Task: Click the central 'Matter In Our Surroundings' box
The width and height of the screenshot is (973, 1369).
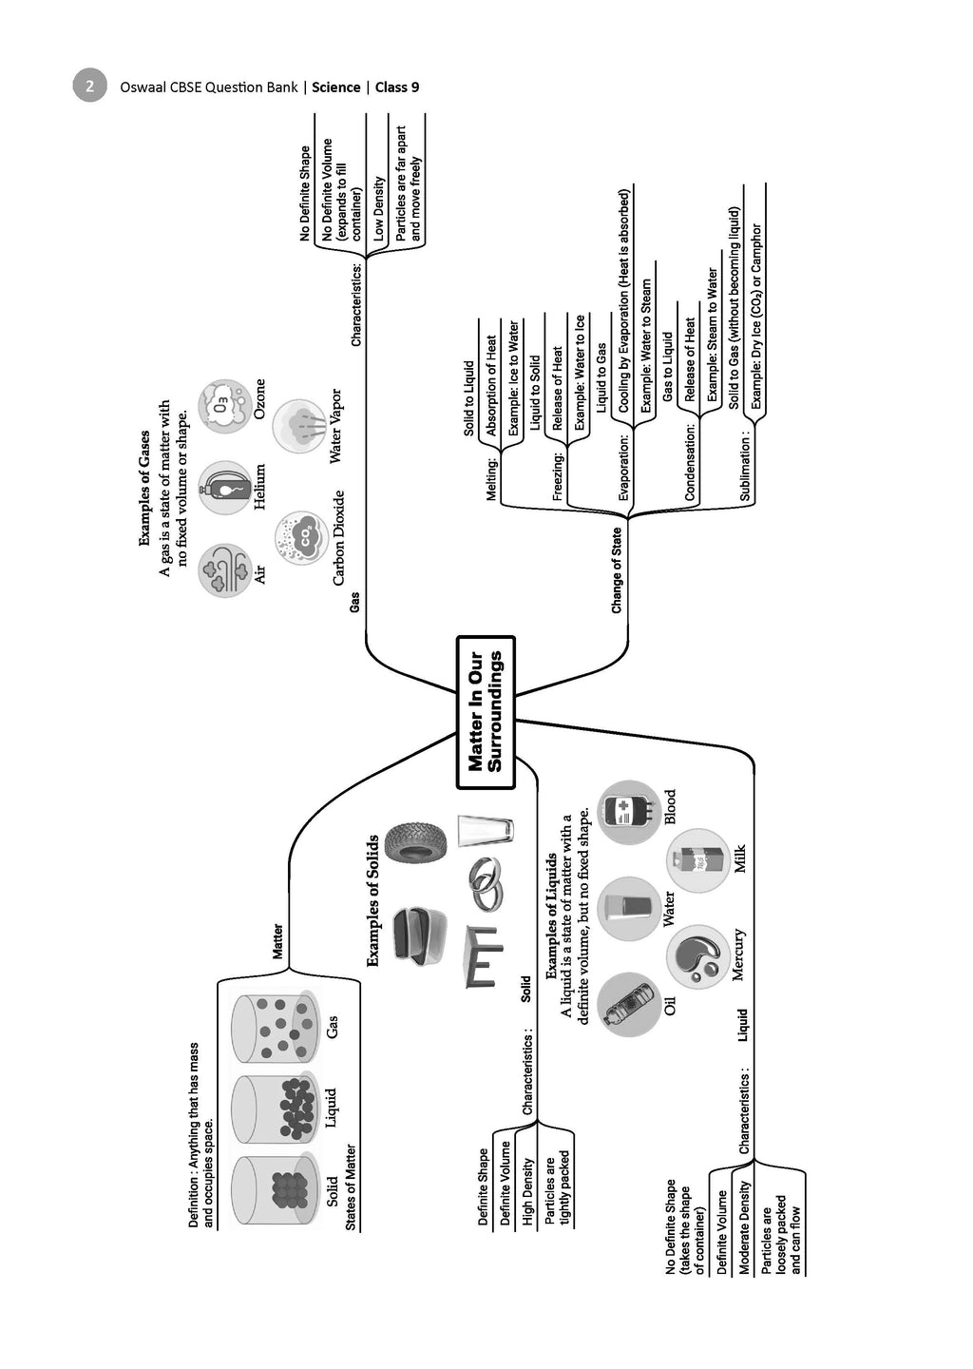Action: (x=485, y=712)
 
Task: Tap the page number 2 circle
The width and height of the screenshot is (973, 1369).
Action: (x=89, y=87)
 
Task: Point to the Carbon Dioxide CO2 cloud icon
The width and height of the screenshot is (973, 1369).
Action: (x=302, y=538)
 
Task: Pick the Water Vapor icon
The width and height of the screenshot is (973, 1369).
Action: (x=300, y=425)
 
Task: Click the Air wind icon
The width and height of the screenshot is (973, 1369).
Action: (x=225, y=570)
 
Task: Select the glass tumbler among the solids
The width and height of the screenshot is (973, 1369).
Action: (x=485, y=831)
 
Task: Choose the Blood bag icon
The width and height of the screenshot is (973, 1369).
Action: (x=628, y=811)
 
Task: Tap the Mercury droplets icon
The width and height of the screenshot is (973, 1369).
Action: (x=698, y=956)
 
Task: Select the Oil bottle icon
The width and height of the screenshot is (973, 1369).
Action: (x=629, y=1004)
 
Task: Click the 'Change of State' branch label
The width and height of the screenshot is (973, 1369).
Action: (x=617, y=570)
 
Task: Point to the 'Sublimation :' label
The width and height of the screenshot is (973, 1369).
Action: (x=745, y=465)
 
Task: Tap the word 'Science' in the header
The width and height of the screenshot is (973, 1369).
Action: (x=336, y=87)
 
